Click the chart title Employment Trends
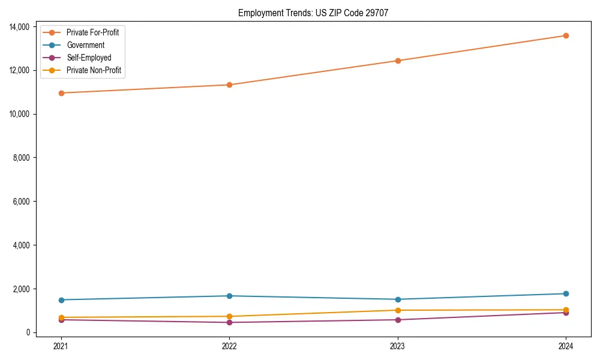tap(313, 13)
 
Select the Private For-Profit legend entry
tap(92, 32)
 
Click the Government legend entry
tap(85, 45)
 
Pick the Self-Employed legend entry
tap(89, 58)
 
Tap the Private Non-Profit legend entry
tap(94, 70)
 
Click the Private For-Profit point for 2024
tap(566, 35)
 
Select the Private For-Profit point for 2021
tap(61, 93)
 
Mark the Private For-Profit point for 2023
tap(397, 61)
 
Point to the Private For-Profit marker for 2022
tap(229, 85)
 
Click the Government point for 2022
tap(229, 296)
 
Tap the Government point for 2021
tap(61, 300)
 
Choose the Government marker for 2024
tap(566, 293)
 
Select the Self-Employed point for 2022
tap(229, 322)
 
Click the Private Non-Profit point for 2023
tap(397, 310)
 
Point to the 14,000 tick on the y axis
tap(19, 27)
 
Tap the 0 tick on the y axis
tap(28, 332)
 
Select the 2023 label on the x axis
tap(397, 346)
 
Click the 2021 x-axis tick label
tap(61, 346)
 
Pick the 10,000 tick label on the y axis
tap(19, 114)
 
